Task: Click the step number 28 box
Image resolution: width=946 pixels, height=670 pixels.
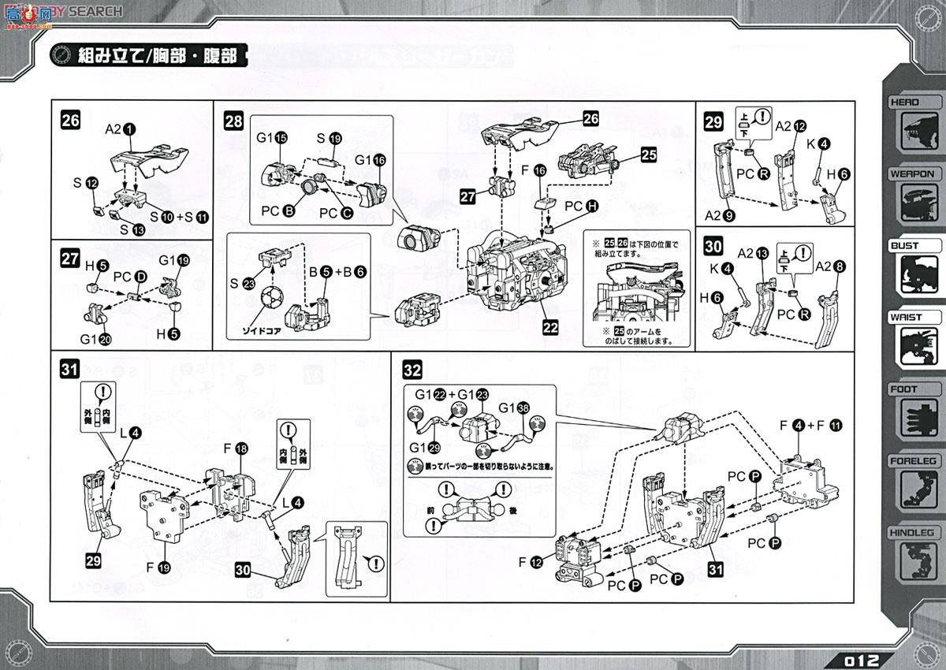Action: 233,121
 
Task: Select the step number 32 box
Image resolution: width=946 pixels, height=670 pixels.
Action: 412,369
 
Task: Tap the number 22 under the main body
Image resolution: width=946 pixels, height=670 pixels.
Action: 550,326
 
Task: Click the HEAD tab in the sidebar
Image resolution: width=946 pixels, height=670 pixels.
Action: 907,102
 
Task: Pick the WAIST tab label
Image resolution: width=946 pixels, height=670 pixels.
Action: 907,318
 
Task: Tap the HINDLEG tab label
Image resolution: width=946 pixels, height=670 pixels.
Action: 914,533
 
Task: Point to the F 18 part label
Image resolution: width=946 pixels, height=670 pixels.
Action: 235,449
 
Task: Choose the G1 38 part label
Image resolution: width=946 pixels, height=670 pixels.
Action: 513,408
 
